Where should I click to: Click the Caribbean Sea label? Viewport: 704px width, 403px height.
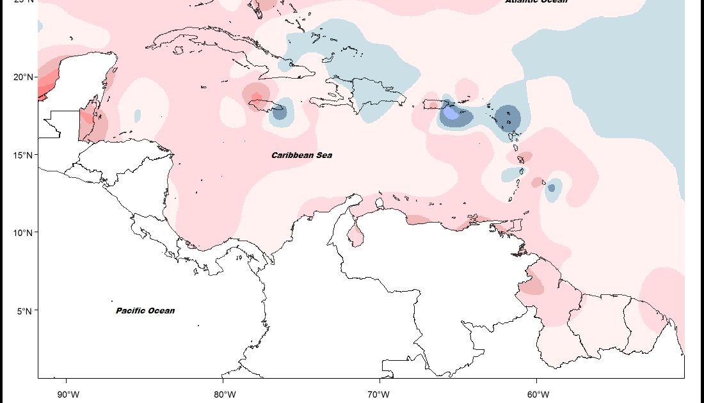(x=301, y=155)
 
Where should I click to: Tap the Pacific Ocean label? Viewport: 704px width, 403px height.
(x=145, y=311)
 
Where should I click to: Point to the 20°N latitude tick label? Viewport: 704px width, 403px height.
(x=23, y=77)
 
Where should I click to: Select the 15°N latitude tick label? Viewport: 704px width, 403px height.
(x=23, y=155)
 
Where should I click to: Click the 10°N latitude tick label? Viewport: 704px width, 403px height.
(x=23, y=233)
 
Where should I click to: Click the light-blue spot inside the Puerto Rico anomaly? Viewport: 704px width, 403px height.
(x=451, y=113)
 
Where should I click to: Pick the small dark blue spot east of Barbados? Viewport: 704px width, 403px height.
(x=551, y=188)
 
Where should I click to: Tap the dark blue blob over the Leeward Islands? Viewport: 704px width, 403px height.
(x=509, y=118)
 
